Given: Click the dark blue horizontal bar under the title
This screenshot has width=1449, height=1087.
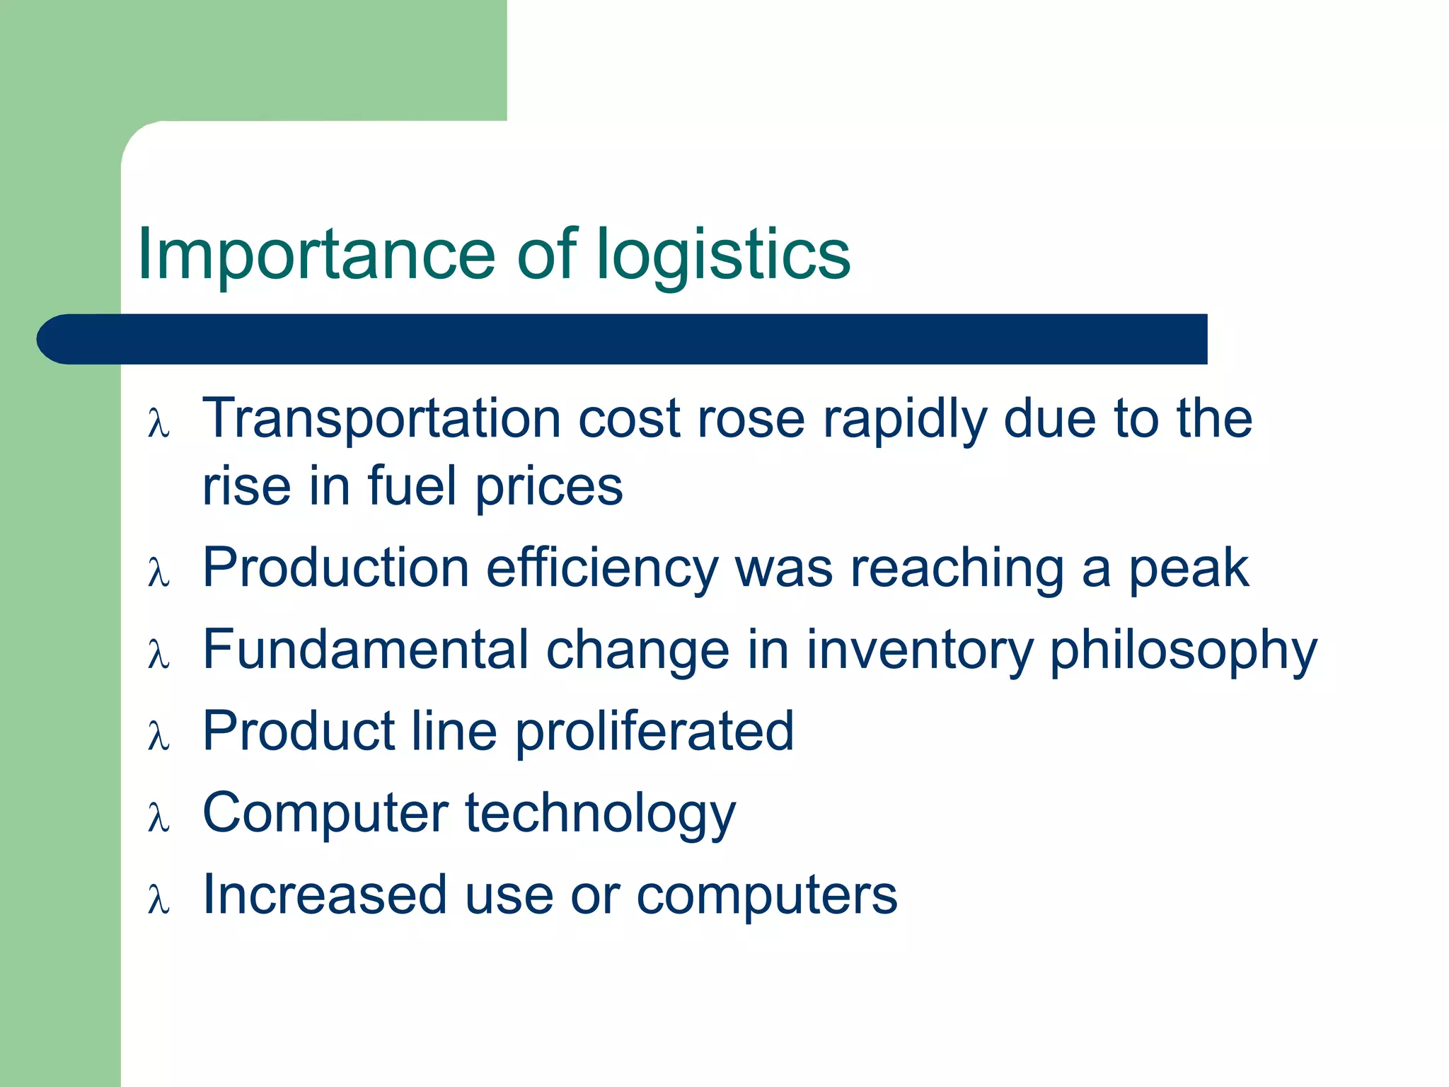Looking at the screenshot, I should (x=623, y=339).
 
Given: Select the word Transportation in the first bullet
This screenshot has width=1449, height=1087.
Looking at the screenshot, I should (x=381, y=418).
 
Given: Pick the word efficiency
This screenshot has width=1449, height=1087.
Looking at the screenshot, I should (x=602, y=569).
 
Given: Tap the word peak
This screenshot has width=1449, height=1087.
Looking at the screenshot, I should (x=1188, y=569).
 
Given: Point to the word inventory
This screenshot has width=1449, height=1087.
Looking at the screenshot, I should (x=920, y=651).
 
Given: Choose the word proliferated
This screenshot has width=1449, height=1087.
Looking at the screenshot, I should (x=654, y=732).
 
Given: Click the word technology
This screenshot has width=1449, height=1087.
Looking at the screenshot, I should (x=600, y=815).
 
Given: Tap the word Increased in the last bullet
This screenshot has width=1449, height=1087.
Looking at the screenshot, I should (x=325, y=895).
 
